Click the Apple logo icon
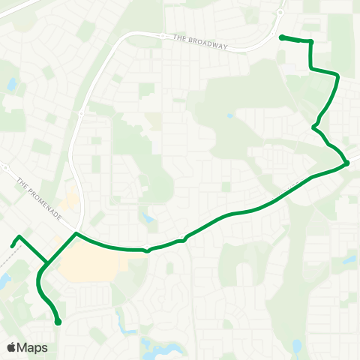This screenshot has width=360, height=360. (x=11, y=347)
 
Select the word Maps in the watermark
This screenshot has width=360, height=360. (x=32, y=347)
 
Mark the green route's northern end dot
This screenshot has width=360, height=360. (x=281, y=37)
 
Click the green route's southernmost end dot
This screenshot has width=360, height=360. (x=58, y=322)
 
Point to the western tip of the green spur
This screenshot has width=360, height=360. (x=12, y=245)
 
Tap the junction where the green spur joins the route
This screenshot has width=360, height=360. (x=46, y=263)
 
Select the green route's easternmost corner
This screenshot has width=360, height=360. (x=346, y=163)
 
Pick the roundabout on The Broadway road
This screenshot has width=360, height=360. (x=162, y=34)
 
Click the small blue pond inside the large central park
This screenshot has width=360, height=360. (x=229, y=116)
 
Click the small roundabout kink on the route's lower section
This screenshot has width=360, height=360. (x=147, y=250)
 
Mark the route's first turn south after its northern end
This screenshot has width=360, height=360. (x=310, y=42)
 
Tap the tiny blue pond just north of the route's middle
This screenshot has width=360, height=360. (x=148, y=219)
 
